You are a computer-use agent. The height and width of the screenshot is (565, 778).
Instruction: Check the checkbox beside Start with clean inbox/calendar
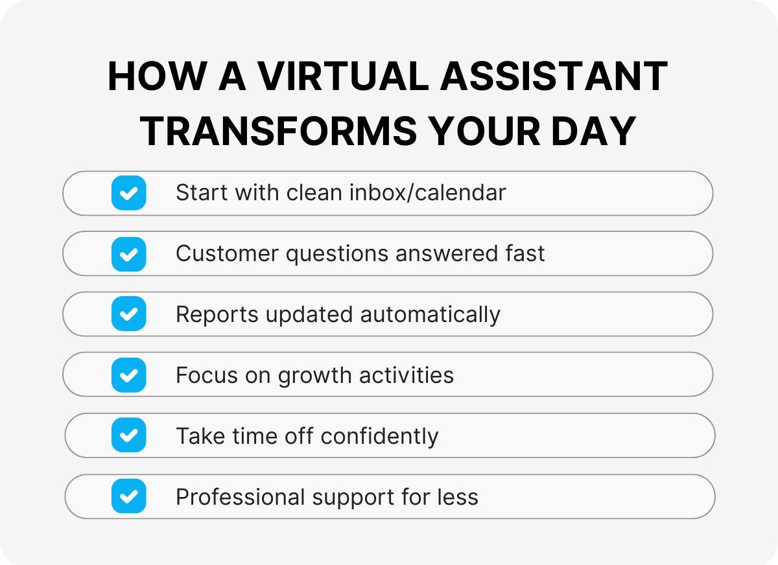point(128,193)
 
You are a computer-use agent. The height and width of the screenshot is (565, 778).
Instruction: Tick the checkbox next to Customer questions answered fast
point(128,253)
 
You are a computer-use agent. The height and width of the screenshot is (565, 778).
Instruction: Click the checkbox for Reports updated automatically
point(128,314)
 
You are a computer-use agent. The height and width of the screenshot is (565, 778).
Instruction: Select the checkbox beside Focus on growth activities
point(128,375)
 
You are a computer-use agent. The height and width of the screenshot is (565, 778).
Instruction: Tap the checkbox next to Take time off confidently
point(128,435)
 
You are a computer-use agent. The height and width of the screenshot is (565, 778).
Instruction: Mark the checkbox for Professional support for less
point(128,496)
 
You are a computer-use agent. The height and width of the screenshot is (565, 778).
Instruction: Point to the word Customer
point(226,253)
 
